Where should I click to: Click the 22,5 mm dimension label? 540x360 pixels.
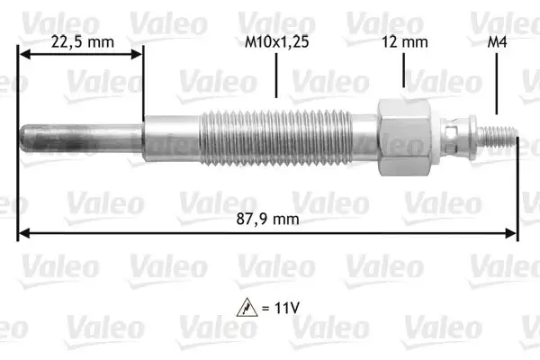click(x=83, y=42)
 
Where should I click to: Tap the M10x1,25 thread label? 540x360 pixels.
click(x=276, y=42)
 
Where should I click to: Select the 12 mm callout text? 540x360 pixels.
click(x=405, y=42)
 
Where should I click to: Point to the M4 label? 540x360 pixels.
click(x=497, y=42)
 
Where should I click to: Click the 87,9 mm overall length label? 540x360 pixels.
click(x=267, y=219)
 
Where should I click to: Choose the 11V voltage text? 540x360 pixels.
click(x=287, y=308)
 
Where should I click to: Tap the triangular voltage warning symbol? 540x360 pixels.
click(x=247, y=307)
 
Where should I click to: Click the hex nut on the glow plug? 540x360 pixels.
click(x=404, y=137)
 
